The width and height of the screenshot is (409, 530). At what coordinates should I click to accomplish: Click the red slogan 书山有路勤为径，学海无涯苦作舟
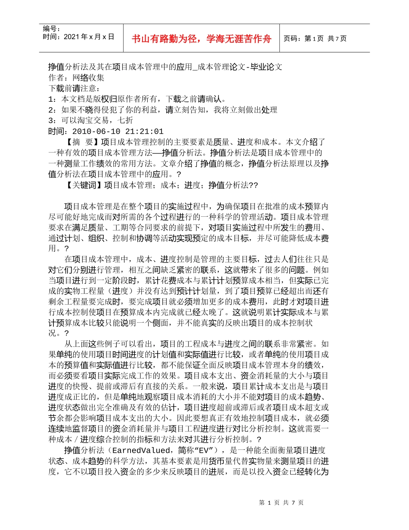click(x=201, y=39)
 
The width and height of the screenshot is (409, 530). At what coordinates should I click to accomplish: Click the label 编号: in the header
click(x=52, y=29)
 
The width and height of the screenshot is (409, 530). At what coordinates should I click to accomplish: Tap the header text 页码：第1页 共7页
click(x=315, y=39)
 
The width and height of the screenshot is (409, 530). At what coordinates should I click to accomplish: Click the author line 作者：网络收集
click(x=76, y=78)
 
